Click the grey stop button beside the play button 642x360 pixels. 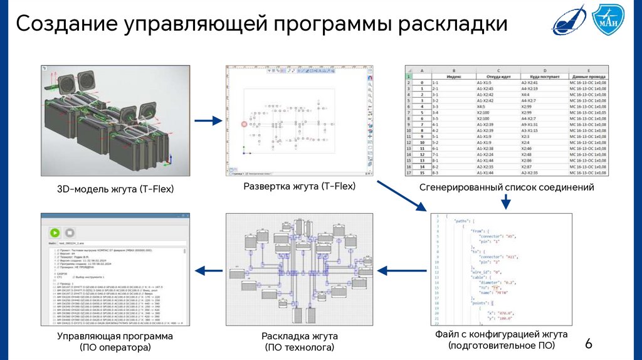[68, 232]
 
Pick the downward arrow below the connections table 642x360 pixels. [506, 202]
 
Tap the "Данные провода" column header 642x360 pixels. [587, 77]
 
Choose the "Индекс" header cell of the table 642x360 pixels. [454, 77]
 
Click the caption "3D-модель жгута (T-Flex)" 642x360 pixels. [115, 189]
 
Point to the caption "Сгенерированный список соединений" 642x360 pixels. [507, 188]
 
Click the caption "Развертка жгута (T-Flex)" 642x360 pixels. [300, 186]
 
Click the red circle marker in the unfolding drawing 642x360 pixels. [245, 125]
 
